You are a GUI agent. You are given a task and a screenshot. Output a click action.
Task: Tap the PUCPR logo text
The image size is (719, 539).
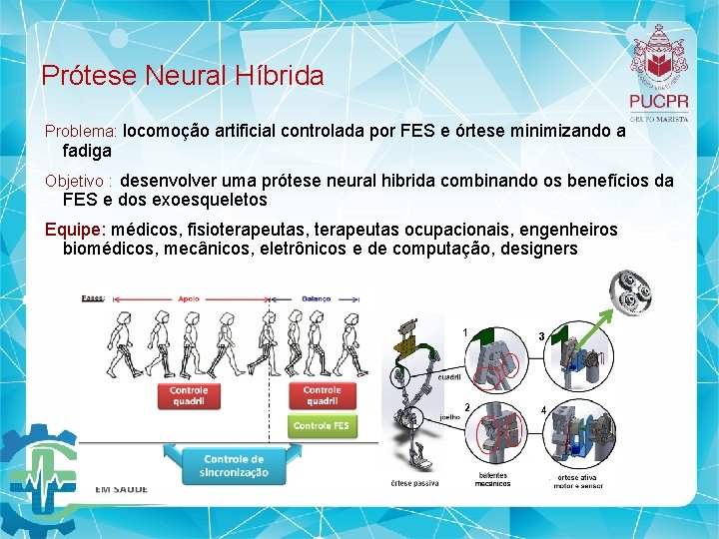(658, 101)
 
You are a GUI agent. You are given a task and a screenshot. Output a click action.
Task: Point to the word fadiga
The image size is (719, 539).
(87, 151)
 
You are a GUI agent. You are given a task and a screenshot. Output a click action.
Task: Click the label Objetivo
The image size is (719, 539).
(78, 182)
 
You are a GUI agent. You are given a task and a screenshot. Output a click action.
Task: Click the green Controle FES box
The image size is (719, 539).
(322, 425)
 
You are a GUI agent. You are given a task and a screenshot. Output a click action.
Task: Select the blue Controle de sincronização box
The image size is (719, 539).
(234, 465)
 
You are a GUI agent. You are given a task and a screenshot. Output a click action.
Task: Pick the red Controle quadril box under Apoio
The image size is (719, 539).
(189, 396)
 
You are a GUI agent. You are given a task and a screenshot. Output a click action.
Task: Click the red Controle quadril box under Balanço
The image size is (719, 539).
(322, 396)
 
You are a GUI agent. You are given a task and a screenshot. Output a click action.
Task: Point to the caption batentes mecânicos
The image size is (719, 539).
(492, 480)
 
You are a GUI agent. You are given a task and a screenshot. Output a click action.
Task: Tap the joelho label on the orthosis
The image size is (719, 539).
(449, 416)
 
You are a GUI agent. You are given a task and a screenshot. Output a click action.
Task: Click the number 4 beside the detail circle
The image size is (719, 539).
(543, 410)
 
